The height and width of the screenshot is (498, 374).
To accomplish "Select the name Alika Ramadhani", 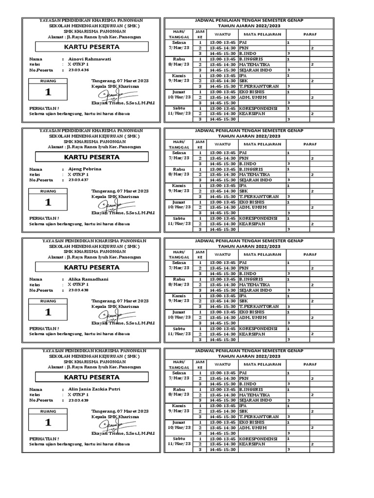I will (x=88, y=279).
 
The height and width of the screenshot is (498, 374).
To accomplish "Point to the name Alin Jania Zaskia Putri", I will (x=93, y=389).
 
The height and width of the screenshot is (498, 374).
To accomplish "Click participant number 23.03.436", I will (x=78, y=70).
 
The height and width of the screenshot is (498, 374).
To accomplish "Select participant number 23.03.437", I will (x=78, y=180).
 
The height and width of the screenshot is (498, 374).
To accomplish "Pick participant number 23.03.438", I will (x=78, y=290).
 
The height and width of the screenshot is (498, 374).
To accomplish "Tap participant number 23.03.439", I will (x=78, y=401).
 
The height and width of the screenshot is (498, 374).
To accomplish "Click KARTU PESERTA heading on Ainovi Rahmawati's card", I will (x=92, y=47).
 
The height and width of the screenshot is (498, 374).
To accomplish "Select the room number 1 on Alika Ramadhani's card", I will (x=48, y=312).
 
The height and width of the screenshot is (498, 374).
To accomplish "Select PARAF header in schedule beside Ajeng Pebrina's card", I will (x=310, y=144).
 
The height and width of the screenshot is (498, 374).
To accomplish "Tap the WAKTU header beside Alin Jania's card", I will (x=223, y=364).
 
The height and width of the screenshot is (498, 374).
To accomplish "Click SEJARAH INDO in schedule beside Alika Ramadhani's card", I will (x=255, y=290).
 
